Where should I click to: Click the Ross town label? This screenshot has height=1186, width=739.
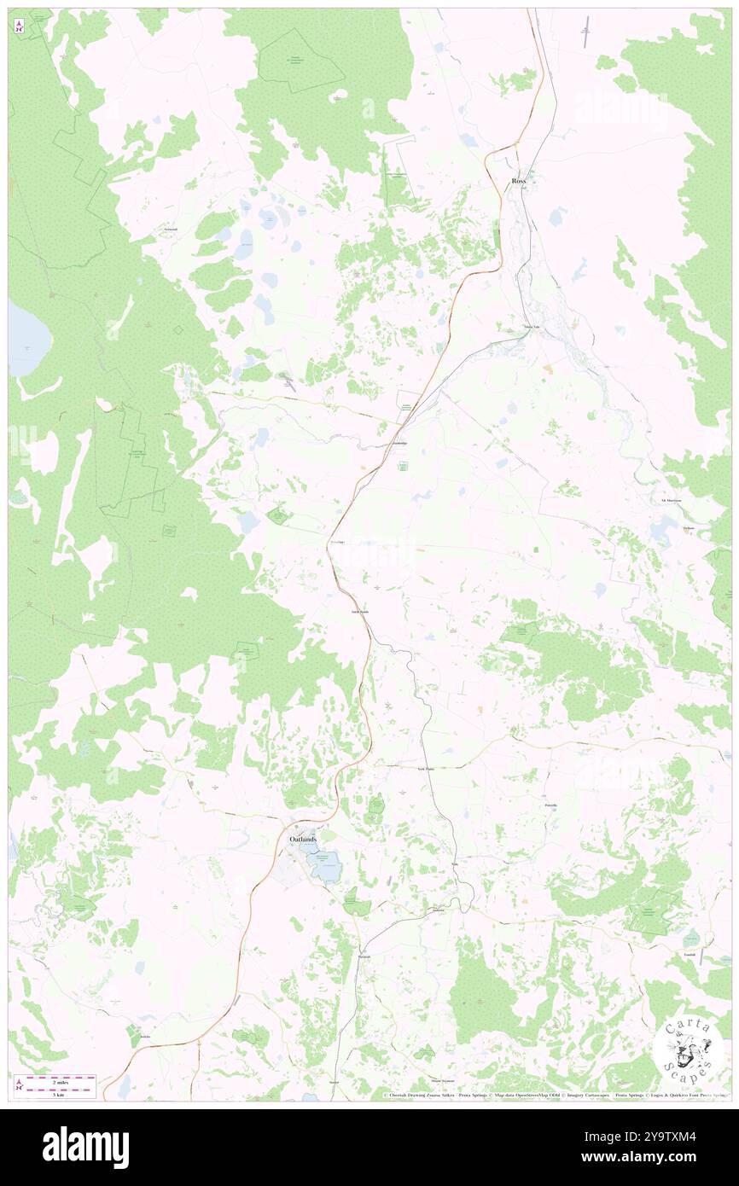519,181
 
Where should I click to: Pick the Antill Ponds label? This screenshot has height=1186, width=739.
360,612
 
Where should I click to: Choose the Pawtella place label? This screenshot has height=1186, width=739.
550,805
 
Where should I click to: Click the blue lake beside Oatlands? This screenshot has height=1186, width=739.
325,869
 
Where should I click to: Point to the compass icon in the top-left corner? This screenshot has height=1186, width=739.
19,26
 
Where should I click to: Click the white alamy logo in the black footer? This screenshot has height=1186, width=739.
85,1147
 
